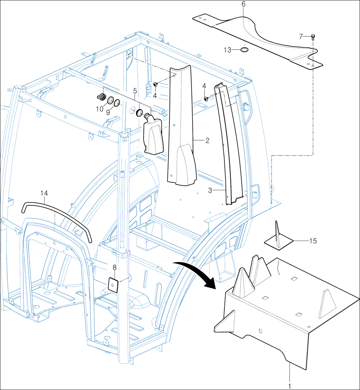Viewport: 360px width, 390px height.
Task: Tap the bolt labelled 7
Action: pyautogui.click(x=313, y=36)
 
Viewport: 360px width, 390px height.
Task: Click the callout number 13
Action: pyautogui.click(x=227, y=50)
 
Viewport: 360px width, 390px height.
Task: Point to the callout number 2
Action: pyautogui.click(x=207, y=140)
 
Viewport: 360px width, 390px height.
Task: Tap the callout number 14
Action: pyautogui.click(x=44, y=193)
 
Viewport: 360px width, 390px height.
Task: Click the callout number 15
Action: pyautogui.click(x=313, y=241)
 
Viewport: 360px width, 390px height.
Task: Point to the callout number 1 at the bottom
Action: pyautogui.click(x=290, y=385)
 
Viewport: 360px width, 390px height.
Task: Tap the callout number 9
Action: pyautogui.click(x=108, y=112)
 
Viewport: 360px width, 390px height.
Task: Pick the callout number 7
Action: pyautogui.click(x=301, y=36)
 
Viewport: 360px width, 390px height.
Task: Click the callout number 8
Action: pyautogui.click(x=114, y=267)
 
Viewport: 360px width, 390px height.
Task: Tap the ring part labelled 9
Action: pyautogui.click(x=117, y=103)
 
